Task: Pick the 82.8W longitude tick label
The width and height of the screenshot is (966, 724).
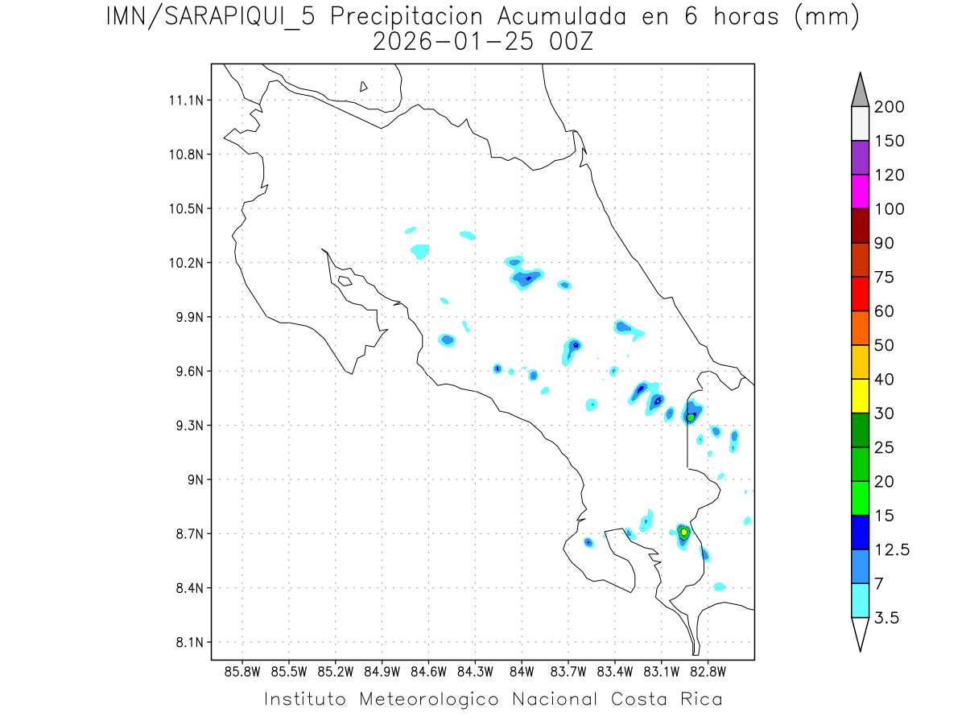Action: coord(708,671)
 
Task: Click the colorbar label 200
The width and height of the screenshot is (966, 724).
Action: coord(889,107)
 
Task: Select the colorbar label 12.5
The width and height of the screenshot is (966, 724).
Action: coord(892,550)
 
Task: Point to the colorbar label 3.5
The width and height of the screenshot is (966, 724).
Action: coord(887,618)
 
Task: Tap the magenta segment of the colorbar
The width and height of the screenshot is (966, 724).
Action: coord(860,191)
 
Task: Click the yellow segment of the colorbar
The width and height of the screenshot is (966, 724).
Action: coord(860,396)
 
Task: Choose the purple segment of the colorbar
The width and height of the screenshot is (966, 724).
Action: coord(860,158)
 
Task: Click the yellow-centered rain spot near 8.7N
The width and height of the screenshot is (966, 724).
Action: coord(683,532)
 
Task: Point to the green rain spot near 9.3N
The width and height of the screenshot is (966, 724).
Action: coord(690,417)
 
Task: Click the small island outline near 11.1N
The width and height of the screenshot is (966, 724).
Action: coord(364,86)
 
